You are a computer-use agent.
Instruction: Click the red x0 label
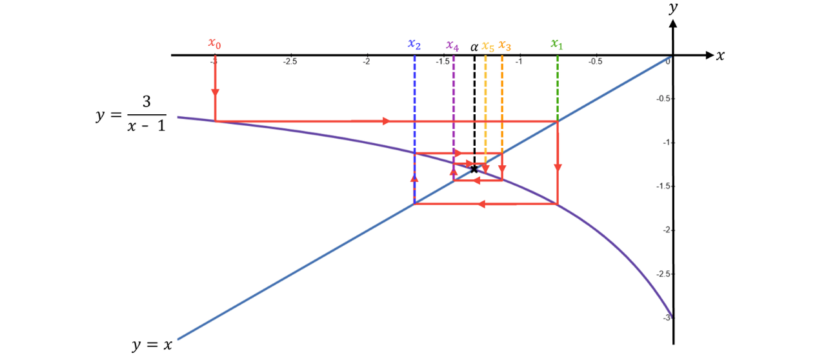click(215, 43)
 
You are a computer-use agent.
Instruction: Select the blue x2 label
click(414, 45)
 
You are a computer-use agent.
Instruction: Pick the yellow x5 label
click(487, 46)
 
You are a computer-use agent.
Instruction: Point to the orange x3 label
click(505, 46)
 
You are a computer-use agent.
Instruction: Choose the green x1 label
click(557, 45)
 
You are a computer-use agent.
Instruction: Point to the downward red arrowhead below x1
click(558, 166)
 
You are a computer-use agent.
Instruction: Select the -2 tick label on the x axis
click(365, 61)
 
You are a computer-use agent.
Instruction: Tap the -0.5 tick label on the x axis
click(594, 61)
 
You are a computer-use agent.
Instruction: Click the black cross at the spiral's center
click(474, 169)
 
